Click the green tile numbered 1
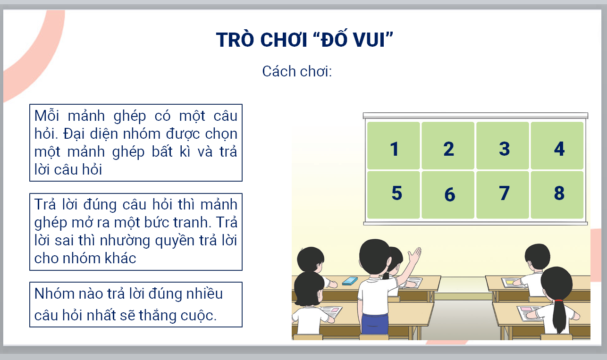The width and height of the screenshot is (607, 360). pos(394,145)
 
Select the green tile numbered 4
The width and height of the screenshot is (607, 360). pos(557,145)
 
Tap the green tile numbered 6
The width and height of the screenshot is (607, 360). pos(448,195)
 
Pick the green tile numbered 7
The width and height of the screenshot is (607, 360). pos(503,195)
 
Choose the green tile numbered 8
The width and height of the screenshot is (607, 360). pos(557,195)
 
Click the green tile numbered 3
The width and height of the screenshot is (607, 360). pos(503,145)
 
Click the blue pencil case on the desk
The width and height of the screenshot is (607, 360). pos(350,281)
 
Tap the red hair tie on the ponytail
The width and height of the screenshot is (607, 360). pos(558,301)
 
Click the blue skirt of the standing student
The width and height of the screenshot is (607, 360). pos(374,324)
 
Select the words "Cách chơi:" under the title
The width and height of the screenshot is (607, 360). pos(297,72)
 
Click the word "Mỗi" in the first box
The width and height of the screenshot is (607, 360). pos(47,116)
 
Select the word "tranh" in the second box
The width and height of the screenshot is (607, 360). pos(192,222)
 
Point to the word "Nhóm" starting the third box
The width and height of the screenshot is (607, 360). pos(54,293)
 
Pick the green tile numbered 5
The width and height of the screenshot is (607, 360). pos(394,195)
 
